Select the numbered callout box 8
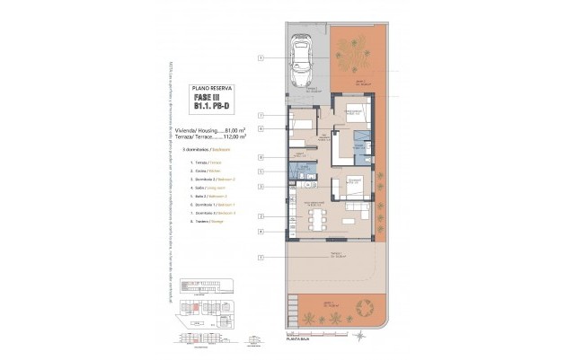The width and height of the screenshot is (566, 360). click(260, 157)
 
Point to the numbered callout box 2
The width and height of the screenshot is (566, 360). click(260, 216)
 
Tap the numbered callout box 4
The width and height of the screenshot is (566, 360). click(260, 232)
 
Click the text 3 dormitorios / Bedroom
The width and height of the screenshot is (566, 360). click(208, 149)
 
